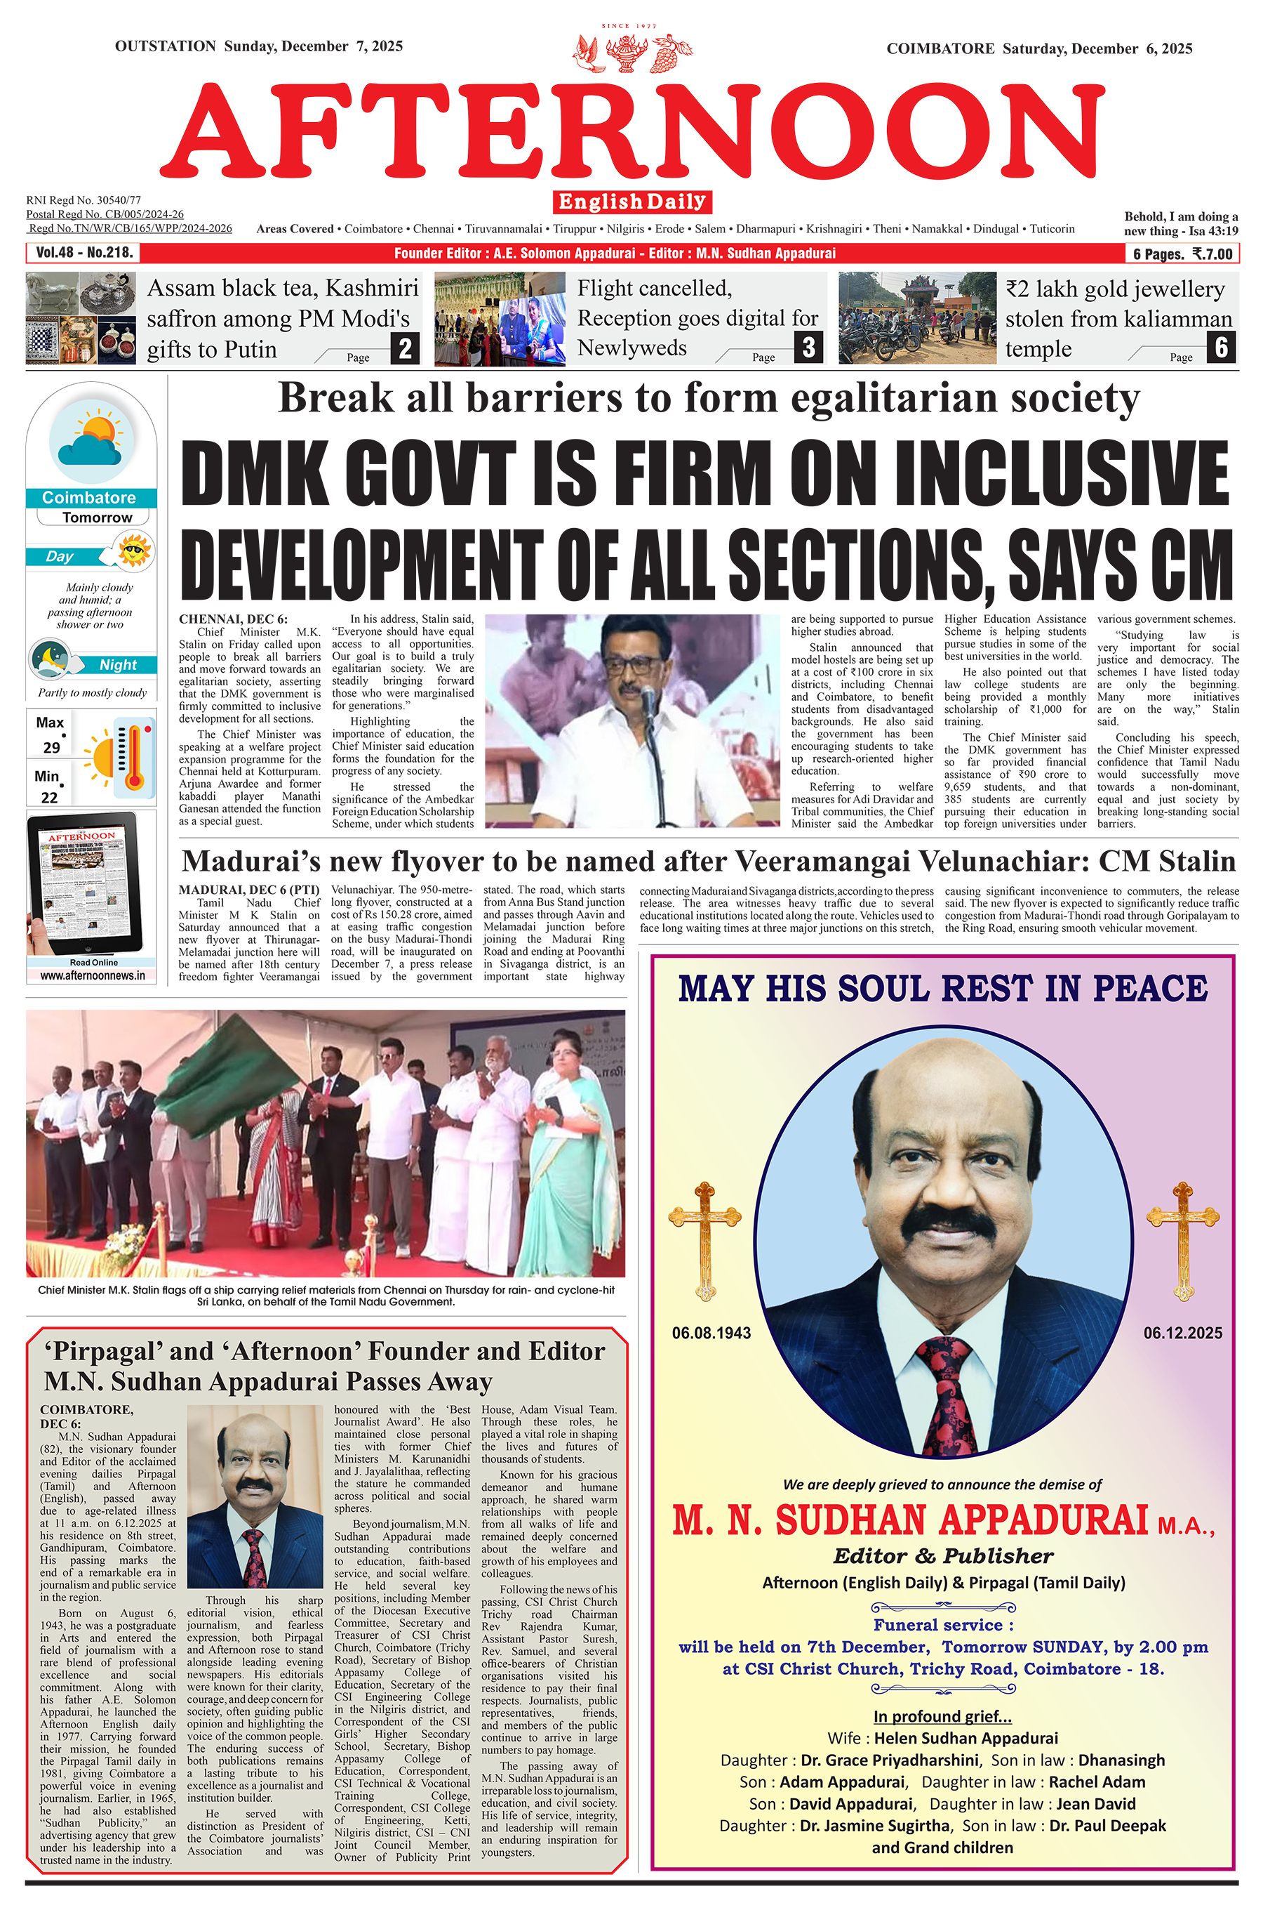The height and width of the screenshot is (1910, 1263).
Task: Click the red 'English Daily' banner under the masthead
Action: tap(632, 202)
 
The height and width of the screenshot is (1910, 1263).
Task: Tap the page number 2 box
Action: tap(405, 348)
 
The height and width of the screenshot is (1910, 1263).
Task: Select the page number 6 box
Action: tap(1221, 348)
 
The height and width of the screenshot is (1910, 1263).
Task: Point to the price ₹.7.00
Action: tap(1212, 254)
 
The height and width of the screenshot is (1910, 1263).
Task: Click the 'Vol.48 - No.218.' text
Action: tap(83, 253)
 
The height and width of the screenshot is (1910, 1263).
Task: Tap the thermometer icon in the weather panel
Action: tap(135, 756)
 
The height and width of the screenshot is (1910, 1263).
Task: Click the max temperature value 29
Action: tap(51, 747)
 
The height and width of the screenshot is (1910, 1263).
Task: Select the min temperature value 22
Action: tap(49, 797)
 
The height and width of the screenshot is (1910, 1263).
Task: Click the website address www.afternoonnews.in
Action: tap(93, 975)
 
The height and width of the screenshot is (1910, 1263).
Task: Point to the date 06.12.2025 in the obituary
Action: tap(1182, 1333)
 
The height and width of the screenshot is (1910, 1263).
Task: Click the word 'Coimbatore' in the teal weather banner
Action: tap(88, 498)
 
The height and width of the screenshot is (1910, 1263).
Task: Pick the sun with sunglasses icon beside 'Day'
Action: tap(134, 552)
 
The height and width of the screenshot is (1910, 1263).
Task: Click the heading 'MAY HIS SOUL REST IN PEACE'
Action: tap(942, 989)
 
